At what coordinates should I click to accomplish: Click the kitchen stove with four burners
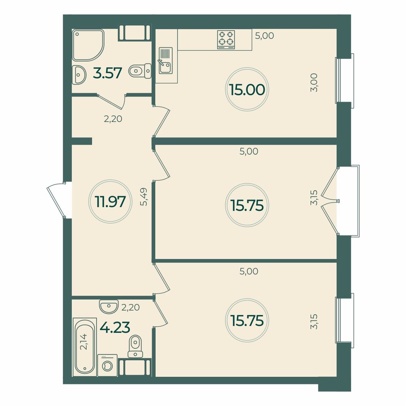(x=227, y=39)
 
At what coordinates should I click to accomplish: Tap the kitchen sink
(x=165, y=60)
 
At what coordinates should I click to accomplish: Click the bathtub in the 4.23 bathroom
(x=84, y=348)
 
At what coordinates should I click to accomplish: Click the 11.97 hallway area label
(x=110, y=201)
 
